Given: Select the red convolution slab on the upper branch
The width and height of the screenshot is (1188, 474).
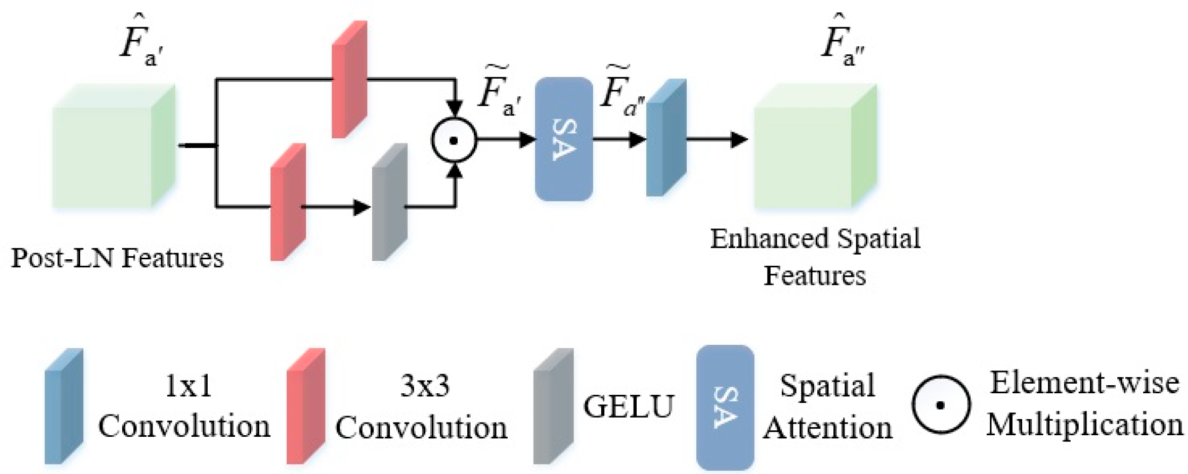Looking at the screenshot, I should pyautogui.click(x=349, y=80).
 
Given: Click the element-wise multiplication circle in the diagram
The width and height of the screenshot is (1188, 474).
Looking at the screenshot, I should pyautogui.click(x=454, y=140).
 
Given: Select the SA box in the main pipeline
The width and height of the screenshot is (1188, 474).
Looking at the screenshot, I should pyautogui.click(x=563, y=139).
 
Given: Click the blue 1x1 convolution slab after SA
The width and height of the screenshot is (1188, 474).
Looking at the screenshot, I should pyautogui.click(x=666, y=138).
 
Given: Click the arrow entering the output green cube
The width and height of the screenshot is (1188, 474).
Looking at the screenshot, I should pyautogui.click(x=717, y=140).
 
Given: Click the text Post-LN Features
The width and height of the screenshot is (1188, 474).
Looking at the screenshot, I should pyautogui.click(x=117, y=259).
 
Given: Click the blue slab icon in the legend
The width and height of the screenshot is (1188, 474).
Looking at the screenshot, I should pyautogui.click(x=64, y=407).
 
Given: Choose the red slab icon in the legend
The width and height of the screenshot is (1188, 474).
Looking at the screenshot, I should pyautogui.click(x=305, y=407).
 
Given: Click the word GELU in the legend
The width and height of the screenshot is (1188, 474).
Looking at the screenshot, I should pyautogui.click(x=628, y=407).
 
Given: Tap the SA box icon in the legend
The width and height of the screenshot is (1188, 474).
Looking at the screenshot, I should pyautogui.click(x=725, y=407).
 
